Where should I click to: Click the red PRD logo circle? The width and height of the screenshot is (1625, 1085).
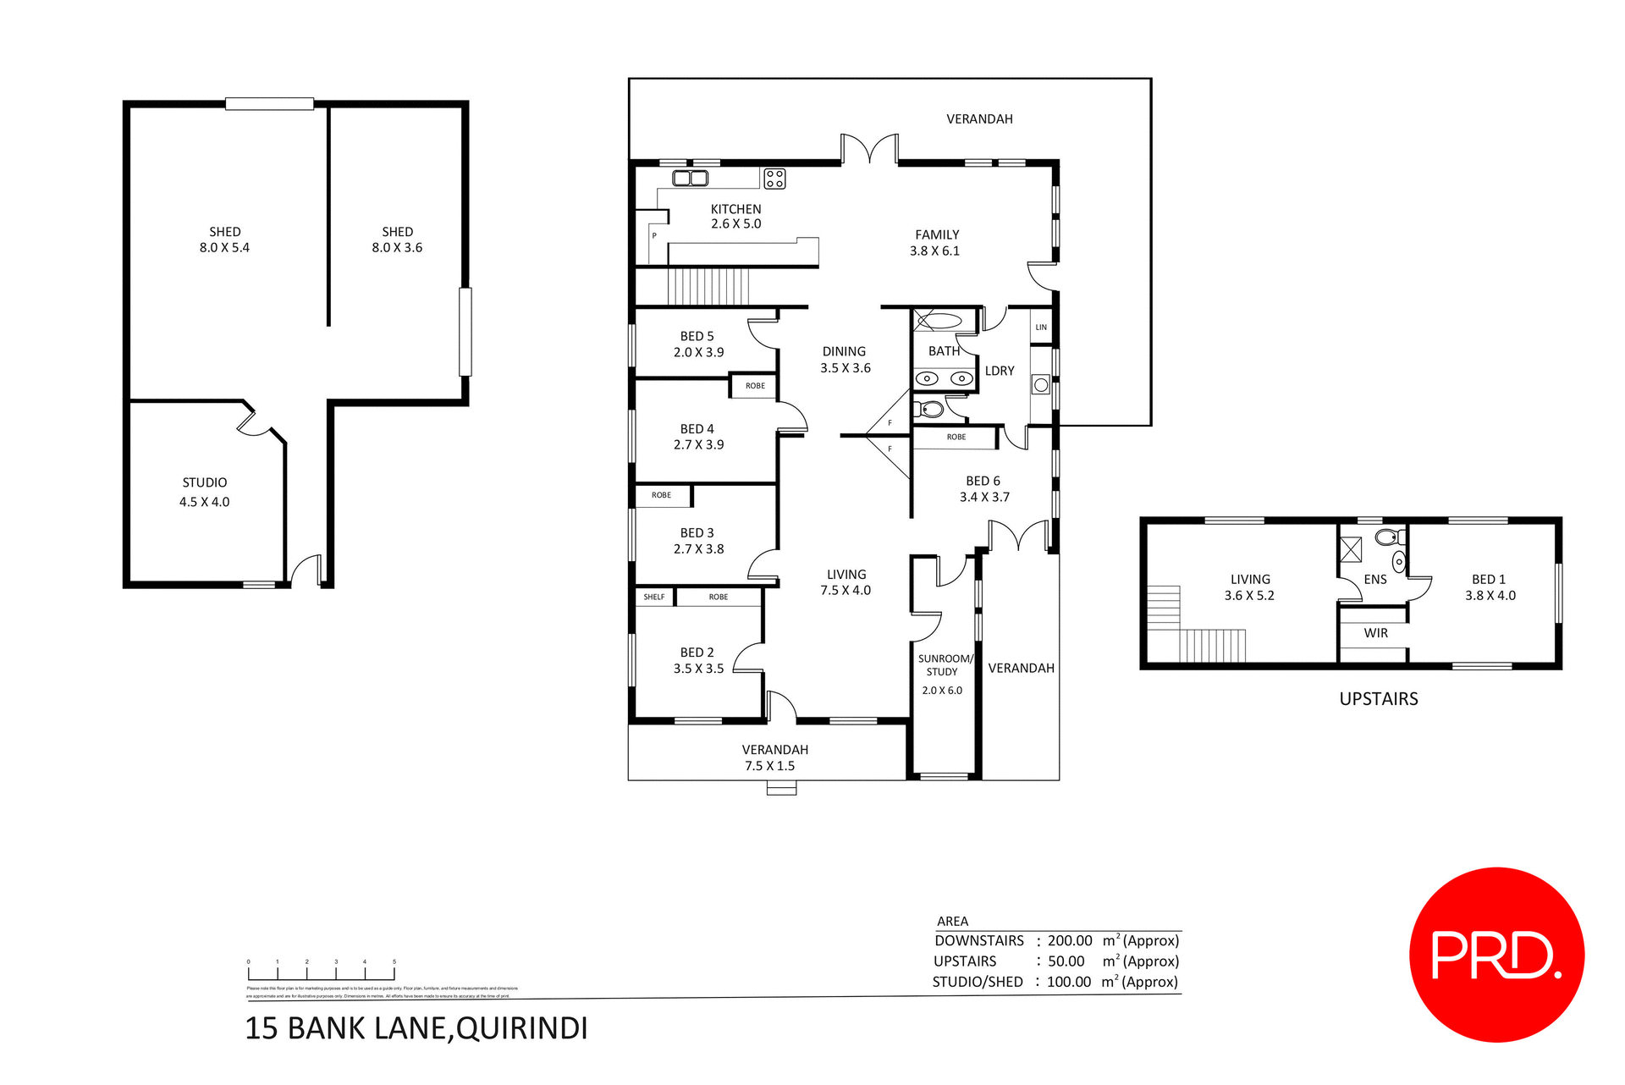pyautogui.click(x=1496, y=955)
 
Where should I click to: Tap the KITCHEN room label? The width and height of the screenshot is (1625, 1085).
pyautogui.click(x=735, y=209)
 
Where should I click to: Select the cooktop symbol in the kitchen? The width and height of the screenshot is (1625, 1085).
pyautogui.click(x=774, y=179)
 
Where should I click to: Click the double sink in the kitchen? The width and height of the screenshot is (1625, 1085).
pyautogui.click(x=690, y=178)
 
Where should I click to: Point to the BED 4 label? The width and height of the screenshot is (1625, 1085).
pyautogui.click(x=697, y=429)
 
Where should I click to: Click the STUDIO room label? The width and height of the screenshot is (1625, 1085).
pyautogui.click(x=205, y=482)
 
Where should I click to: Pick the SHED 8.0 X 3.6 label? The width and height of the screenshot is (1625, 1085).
pyautogui.click(x=397, y=240)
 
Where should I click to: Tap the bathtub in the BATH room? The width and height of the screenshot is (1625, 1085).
pyautogui.click(x=941, y=321)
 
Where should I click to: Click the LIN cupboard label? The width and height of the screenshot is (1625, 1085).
pyautogui.click(x=1041, y=328)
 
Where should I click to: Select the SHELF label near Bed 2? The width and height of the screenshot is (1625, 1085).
pyautogui.click(x=654, y=597)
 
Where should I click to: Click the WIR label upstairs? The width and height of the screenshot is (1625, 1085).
pyautogui.click(x=1375, y=633)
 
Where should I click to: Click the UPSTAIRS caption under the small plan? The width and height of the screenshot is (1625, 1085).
pyautogui.click(x=1378, y=699)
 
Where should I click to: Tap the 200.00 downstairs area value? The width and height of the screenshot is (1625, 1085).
pyautogui.click(x=1070, y=940)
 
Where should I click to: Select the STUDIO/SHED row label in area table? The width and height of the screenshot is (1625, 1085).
pyautogui.click(x=978, y=982)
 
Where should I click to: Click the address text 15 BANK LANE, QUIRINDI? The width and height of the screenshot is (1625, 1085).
pyautogui.click(x=416, y=1028)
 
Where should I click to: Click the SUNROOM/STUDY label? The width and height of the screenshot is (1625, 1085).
pyautogui.click(x=945, y=665)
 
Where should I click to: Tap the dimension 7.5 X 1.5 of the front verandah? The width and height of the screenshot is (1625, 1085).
pyautogui.click(x=769, y=766)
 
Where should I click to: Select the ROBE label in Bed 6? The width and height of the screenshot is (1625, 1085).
pyautogui.click(x=956, y=437)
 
